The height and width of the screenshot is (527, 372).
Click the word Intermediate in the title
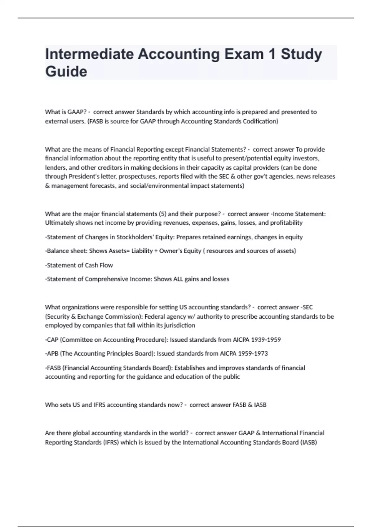89,54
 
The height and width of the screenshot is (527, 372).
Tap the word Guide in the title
66,71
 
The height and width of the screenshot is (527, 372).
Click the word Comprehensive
106,279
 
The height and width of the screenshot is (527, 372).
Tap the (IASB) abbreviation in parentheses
308,442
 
